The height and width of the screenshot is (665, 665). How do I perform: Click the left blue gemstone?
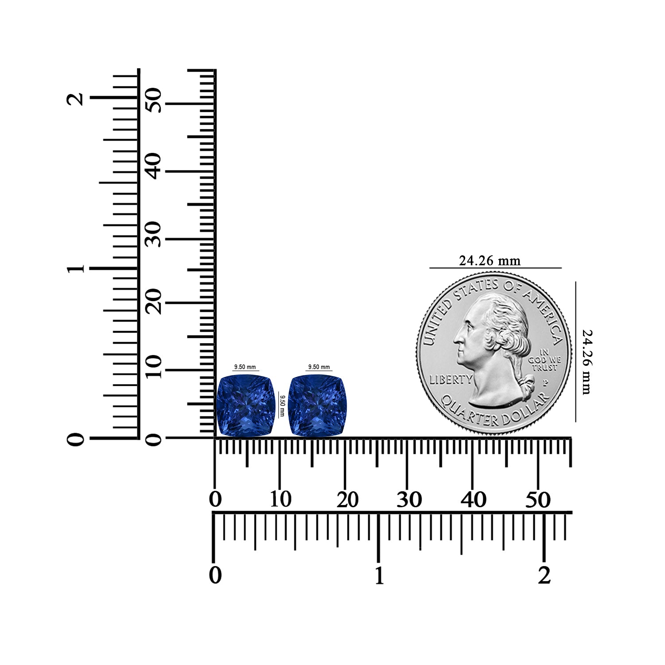click(x=246, y=405)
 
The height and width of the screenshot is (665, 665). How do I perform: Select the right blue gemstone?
click(x=317, y=405)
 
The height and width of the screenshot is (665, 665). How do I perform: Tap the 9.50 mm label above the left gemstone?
click(x=245, y=367)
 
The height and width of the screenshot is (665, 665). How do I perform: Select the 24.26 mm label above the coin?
click(x=489, y=261)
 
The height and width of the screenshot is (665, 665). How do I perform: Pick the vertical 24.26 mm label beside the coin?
click(x=587, y=362)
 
